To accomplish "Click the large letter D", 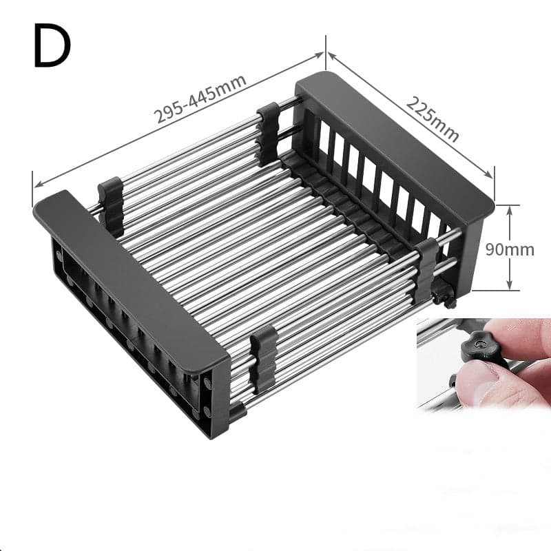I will pos(52,47).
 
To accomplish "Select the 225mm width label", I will pos(433,118).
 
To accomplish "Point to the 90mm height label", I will pos(510,249).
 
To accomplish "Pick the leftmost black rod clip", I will pos(110,205).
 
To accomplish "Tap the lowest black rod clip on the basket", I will pos(262,358).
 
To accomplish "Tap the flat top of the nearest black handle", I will pos(131,275).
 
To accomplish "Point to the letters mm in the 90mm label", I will pos(523,249).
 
